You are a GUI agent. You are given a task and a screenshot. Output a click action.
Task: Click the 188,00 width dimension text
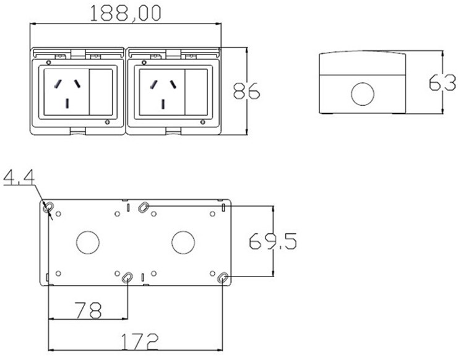[x=125, y=13]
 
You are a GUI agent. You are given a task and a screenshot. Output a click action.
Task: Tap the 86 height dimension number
[x=246, y=91]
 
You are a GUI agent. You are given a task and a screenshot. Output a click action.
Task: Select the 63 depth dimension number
[x=442, y=83]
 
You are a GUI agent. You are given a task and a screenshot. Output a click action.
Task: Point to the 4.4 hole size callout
[x=19, y=177]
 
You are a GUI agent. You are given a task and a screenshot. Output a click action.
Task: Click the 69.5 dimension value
[x=273, y=241]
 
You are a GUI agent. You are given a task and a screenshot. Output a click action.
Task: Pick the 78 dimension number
[x=89, y=310]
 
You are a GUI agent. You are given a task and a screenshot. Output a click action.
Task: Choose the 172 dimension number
[x=140, y=341]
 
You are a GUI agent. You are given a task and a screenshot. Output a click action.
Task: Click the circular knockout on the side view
[x=363, y=94]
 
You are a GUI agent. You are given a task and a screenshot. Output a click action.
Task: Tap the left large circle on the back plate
[x=88, y=242]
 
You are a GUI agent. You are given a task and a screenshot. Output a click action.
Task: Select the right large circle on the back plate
[x=183, y=242]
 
